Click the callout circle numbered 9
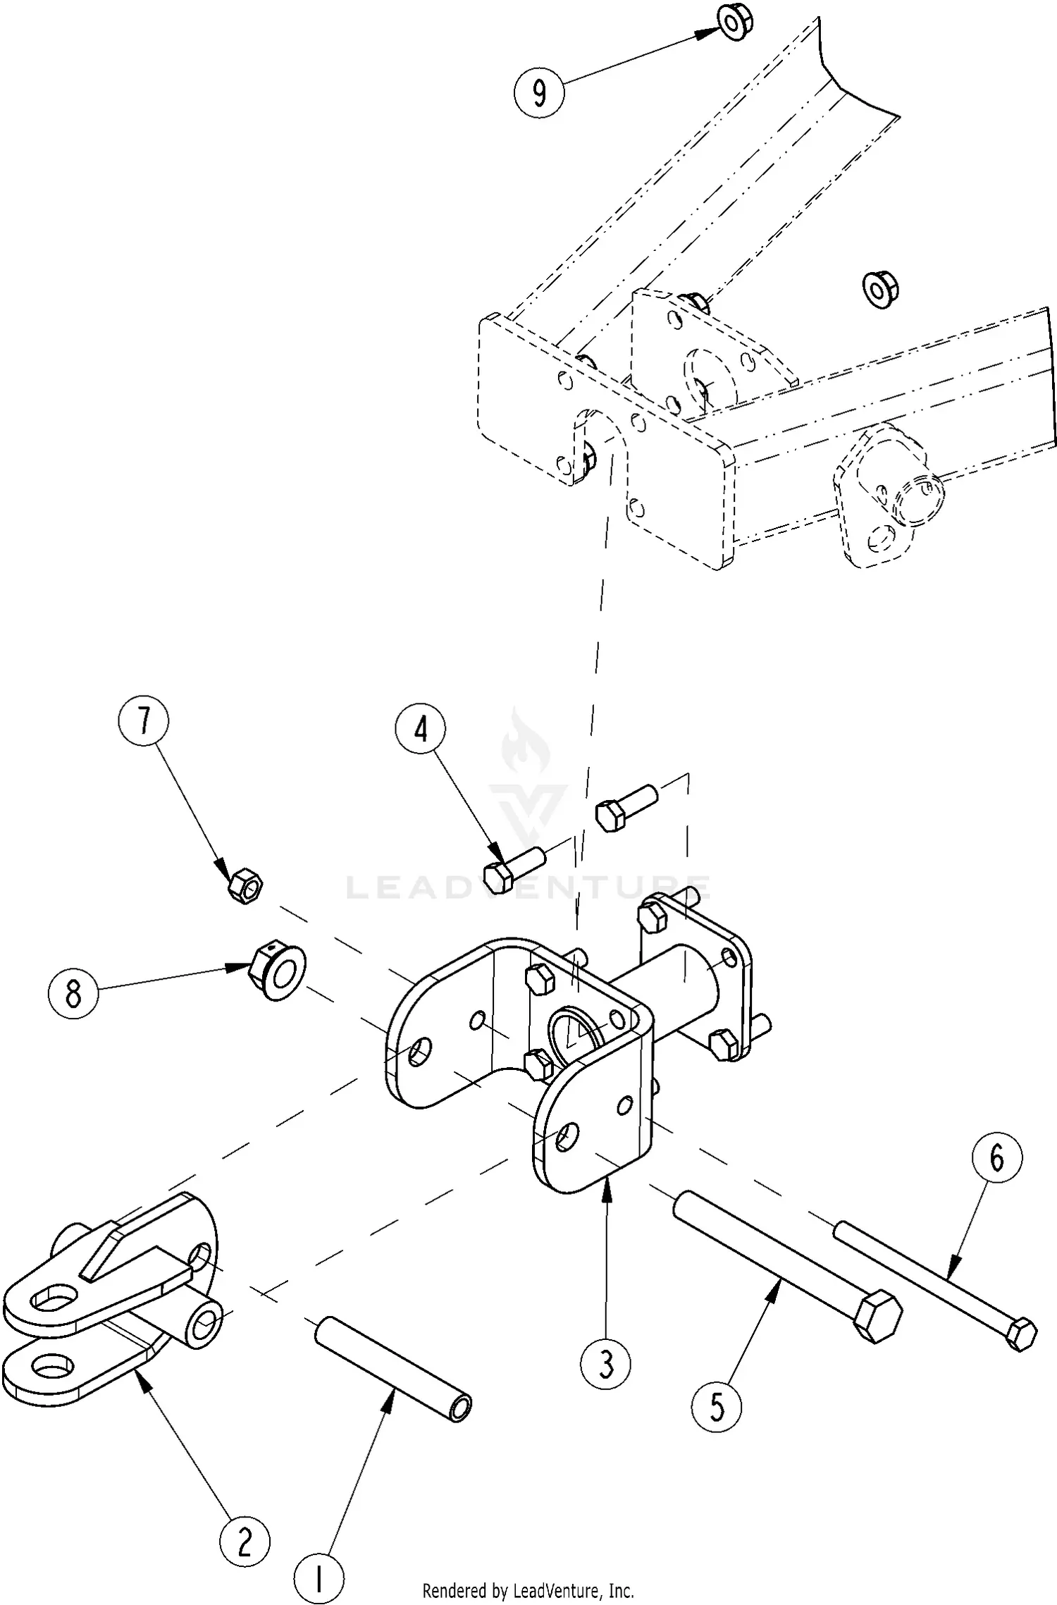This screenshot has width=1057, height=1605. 539,92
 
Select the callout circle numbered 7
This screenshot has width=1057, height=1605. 144,721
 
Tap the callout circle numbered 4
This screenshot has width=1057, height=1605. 421,730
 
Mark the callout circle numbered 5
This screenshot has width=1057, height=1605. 717,1407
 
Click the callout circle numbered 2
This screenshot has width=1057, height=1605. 245,1541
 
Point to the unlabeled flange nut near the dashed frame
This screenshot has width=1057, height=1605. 879,288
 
